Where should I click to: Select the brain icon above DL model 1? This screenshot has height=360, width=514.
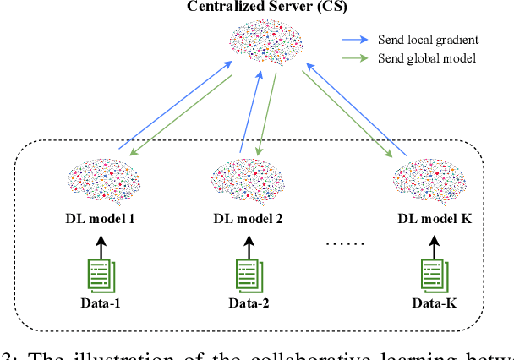101,179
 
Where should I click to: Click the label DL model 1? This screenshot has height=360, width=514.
101,219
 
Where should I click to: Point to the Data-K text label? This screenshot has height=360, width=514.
433,303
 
